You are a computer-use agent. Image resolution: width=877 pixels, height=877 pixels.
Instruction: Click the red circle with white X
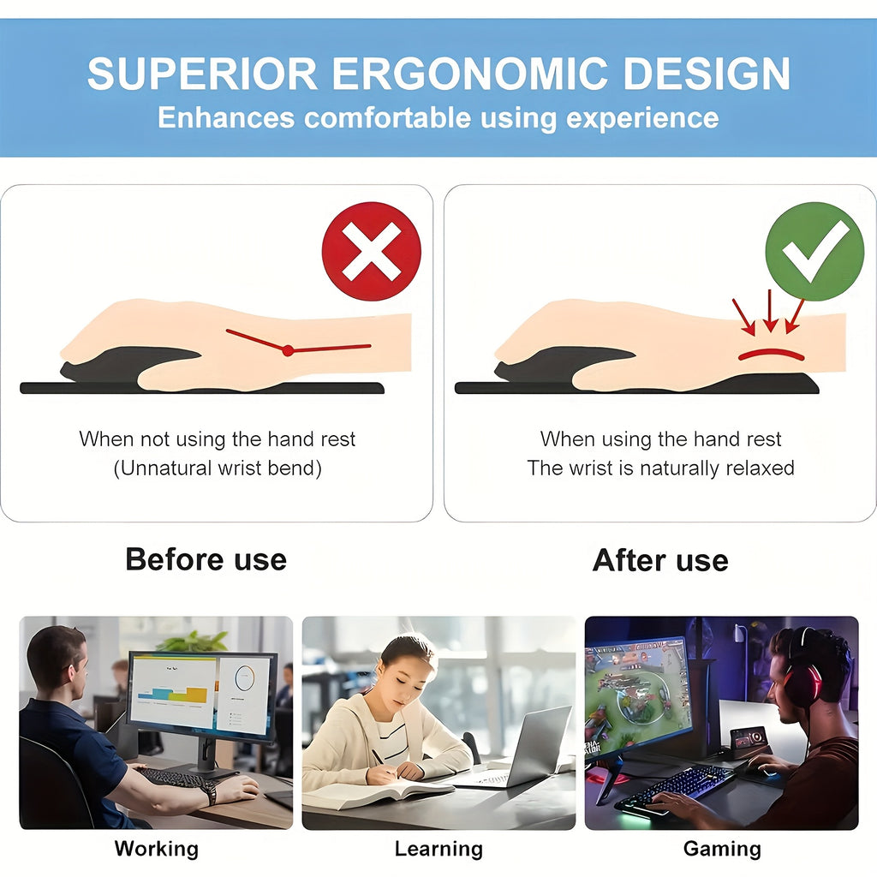371,251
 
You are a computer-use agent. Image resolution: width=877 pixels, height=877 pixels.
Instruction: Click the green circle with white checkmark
814,251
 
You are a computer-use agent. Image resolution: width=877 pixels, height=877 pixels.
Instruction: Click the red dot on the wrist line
288,350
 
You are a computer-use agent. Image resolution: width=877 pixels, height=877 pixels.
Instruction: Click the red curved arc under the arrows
771,353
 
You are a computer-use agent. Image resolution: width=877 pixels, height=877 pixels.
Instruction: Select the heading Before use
206,559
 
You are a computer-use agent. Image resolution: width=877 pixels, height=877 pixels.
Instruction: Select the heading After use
660,560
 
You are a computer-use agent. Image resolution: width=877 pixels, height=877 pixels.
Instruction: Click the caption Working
157,849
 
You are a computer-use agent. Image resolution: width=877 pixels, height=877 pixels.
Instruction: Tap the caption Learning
438,849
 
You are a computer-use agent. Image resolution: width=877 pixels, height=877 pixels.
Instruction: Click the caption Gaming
722,849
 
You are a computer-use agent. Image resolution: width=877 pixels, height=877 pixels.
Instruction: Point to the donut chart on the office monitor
245,679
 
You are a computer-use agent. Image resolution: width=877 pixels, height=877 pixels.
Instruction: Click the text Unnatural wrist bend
218,468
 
